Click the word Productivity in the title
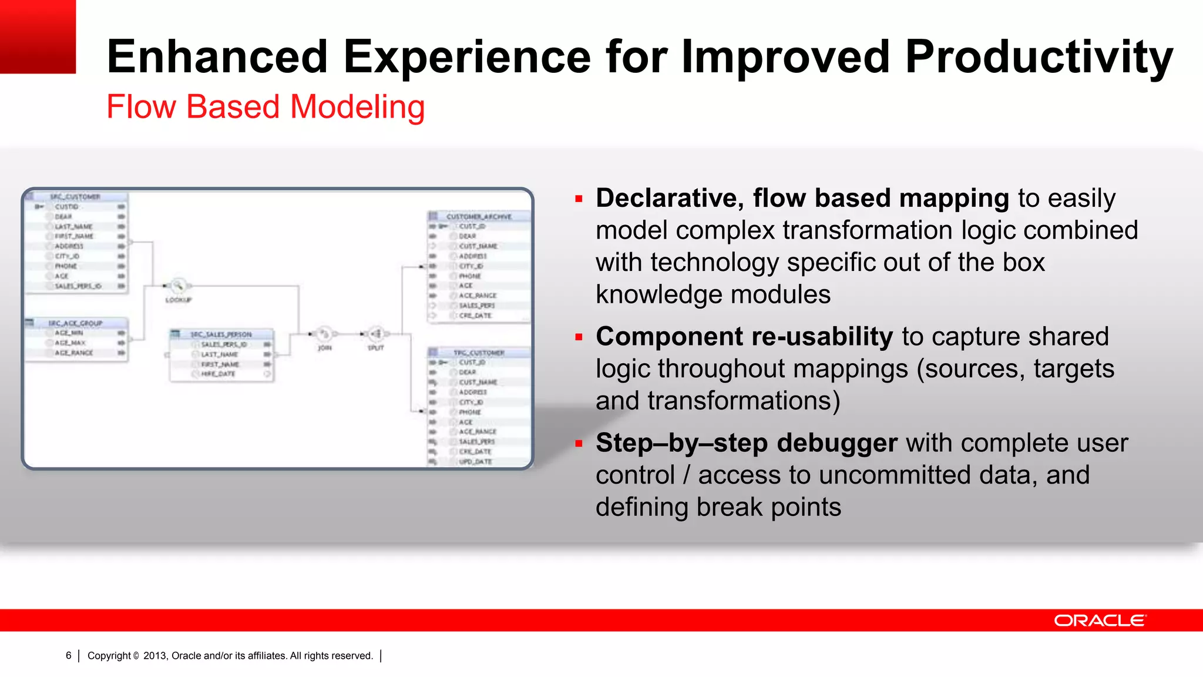point(1039,58)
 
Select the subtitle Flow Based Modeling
point(266,108)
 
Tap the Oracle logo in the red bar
point(1100,621)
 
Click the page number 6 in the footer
point(69,655)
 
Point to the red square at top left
point(38,36)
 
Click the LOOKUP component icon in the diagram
point(178,286)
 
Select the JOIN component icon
point(324,334)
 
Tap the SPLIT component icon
point(377,334)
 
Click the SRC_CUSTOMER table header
point(75,197)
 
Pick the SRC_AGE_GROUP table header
point(75,323)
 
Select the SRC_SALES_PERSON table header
point(221,334)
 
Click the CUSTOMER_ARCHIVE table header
point(479,216)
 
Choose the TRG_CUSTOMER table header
point(479,353)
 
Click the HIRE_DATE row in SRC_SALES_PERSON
point(219,374)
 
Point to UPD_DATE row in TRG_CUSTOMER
point(475,462)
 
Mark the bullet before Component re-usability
point(579,337)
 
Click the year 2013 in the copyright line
point(154,655)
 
